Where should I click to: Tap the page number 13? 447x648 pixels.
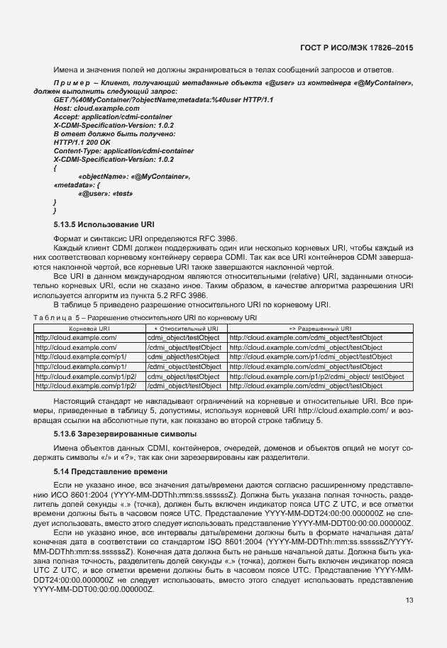[x=409, y=600]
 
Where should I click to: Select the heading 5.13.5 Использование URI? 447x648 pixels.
[x=103, y=224]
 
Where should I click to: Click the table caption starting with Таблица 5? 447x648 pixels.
[x=145, y=317]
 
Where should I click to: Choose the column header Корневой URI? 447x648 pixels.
[x=89, y=329]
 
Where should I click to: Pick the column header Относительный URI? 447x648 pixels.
[x=184, y=329]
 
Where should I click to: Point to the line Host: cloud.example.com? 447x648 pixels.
[x=92, y=108]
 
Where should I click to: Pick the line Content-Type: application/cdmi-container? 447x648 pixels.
[x=124, y=150]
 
